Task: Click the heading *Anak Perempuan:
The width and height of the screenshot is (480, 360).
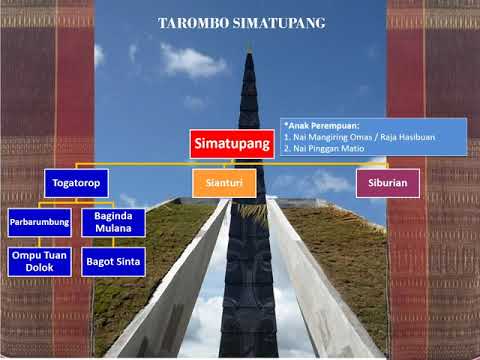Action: click(x=317, y=126)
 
